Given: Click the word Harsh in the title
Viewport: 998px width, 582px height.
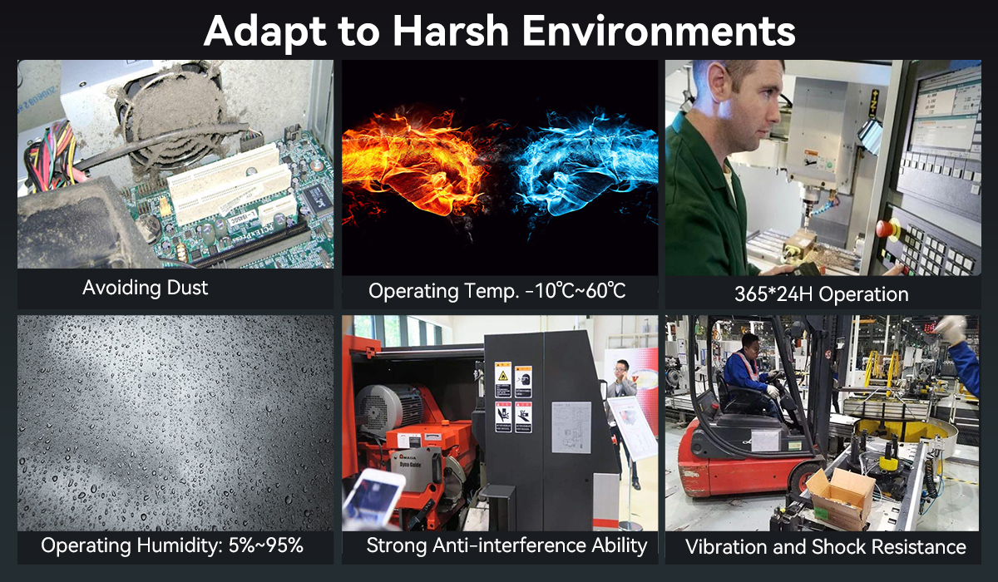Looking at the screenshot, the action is pyautogui.click(x=450, y=31).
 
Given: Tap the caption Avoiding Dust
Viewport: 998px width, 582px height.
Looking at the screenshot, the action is pyautogui.click(x=146, y=288).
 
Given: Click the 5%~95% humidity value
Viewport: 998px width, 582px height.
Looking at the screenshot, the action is pyautogui.click(x=266, y=545).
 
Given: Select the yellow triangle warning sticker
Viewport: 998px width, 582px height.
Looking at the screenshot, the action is pyautogui.click(x=503, y=376).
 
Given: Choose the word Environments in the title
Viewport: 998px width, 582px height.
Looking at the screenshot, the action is pyautogui.click(x=659, y=31).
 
